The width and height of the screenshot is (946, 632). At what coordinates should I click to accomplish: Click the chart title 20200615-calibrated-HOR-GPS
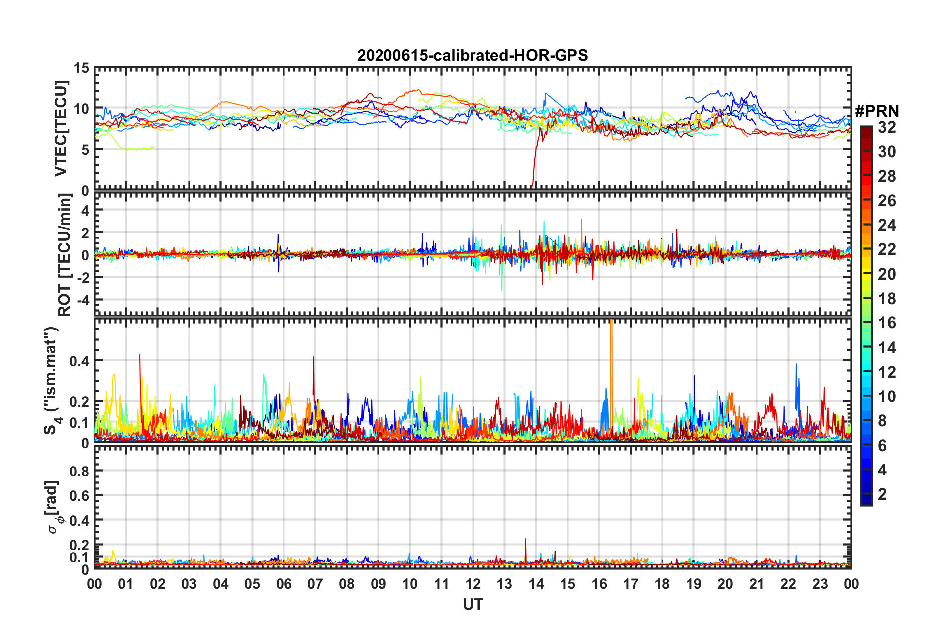pos(473,55)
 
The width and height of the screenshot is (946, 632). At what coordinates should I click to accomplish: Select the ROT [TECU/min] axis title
pos(65,255)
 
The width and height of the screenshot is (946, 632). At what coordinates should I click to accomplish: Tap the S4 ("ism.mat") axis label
pos(53,381)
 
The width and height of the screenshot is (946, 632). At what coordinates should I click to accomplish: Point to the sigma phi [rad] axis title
pos(54,507)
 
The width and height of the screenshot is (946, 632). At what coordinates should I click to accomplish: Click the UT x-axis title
pos(473,604)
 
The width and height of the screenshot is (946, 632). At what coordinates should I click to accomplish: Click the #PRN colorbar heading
pos(877,111)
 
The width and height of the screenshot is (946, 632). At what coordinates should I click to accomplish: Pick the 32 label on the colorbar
pos(887,127)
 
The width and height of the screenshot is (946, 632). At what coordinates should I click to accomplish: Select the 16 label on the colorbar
pos(887,323)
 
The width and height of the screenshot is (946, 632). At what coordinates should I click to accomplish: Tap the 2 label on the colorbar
pos(882,494)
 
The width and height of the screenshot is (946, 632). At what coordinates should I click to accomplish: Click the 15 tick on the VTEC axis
pos(82,68)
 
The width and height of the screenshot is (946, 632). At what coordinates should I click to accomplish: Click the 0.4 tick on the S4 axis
pos(79,361)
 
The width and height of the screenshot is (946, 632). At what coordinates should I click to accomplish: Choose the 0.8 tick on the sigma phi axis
pos(79,471)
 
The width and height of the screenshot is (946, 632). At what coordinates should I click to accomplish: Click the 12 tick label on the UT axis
pos(473,584)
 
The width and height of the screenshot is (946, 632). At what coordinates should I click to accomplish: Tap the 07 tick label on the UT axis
pos(315,584)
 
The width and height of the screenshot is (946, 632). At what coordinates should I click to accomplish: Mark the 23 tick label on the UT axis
pos(820,584)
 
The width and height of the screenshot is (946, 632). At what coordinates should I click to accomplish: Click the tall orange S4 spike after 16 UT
pos(611,348)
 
